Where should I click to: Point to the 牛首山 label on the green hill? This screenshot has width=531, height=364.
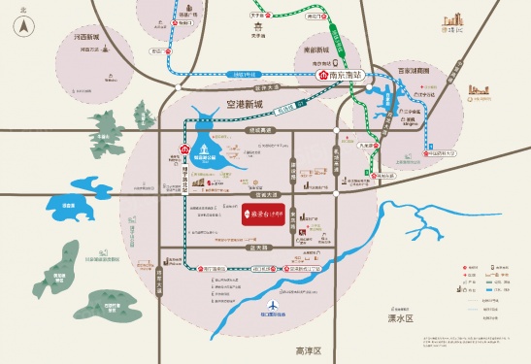101,138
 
